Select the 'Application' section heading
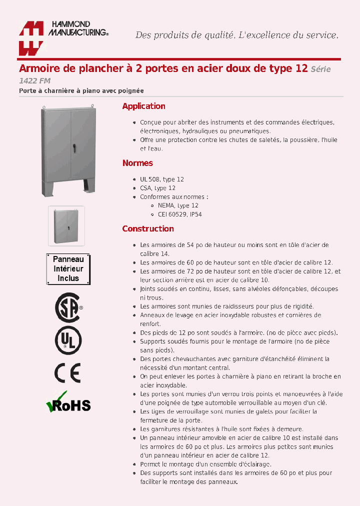point(143,106)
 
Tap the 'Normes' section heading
point(137,163)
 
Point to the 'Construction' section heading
point(148,228)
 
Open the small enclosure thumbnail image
point(66,226)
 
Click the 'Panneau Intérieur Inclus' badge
point(68,269)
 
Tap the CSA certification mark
point(68,307)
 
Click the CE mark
point(67,372)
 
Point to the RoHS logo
point(68,402)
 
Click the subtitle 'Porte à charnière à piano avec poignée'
point(81,91)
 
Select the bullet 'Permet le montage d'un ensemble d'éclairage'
point(205,464)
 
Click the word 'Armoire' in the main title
point(36,68)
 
